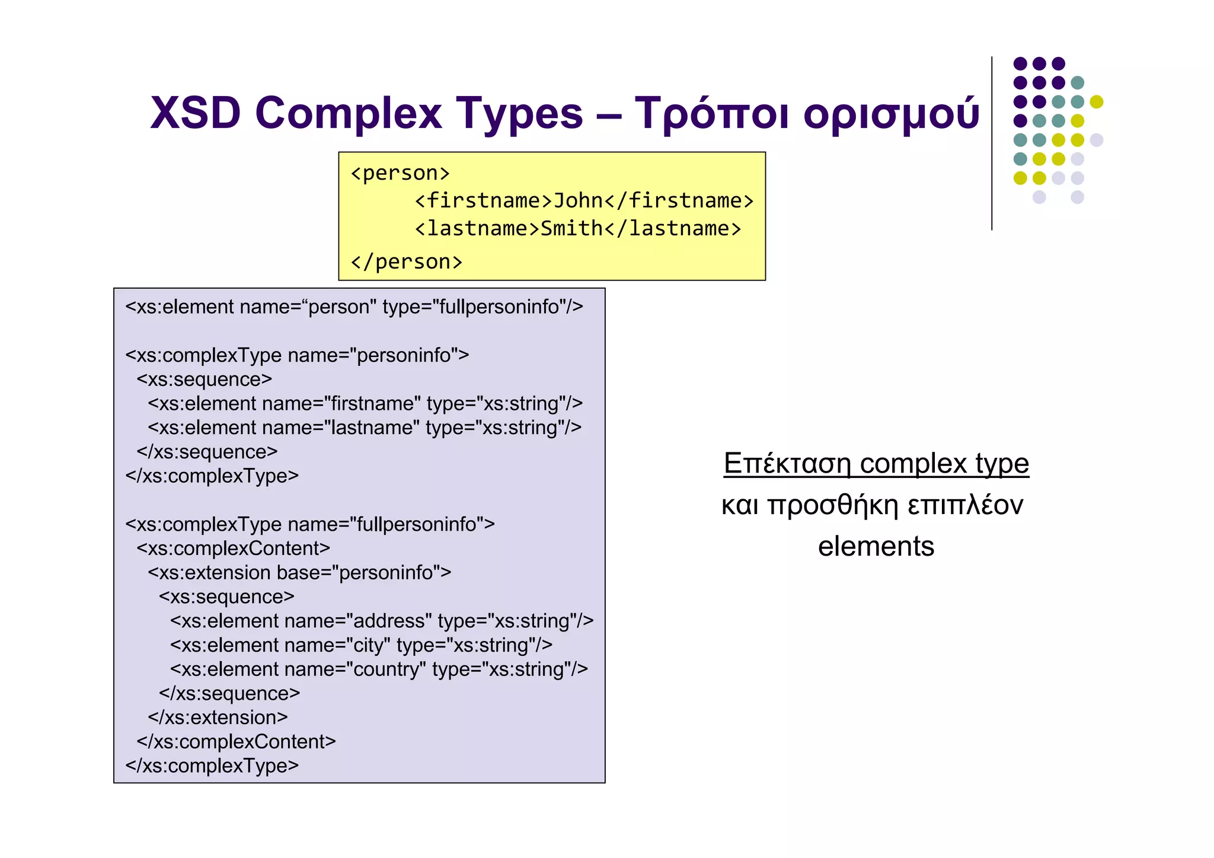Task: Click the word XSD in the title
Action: pyautogui.click(x=195, y=113)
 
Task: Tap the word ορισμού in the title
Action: pyautogui.click(x=891, y=114)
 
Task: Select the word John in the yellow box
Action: pyautogui.click(x=578, y=201)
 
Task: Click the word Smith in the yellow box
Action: pyautogui.click(x=571, y=229)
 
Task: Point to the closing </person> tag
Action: pyautogui.click(x=407, y=261)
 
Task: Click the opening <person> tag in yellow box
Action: pyautogui.click(x=400, y=173)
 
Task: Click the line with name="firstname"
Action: pyautogui.click(x=365, y=404)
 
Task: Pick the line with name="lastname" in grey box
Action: pyautogui.click(x=365, y=428)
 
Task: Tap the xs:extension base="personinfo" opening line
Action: pyautogui.click(x=299, y=573)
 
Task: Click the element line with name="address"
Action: pyautogui.click(x=382, y=621)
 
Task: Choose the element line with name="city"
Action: pyautogui.click(x=361, y=645)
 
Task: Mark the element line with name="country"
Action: pyautogui.click(x=379, y=669)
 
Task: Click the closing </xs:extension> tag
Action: pyautogui.click(x=218, y=718)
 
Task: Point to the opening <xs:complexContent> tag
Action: pyautogui.click(x=233, y=548)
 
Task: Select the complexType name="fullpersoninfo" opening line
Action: pyautogui.click(x=309, y=525)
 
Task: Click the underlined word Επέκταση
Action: pyautogui.click(x=787, y=464)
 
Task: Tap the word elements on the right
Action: pyautogui.click(x=876, y=547)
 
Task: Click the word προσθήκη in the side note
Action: pyautogui.click(x=833, y=505)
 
